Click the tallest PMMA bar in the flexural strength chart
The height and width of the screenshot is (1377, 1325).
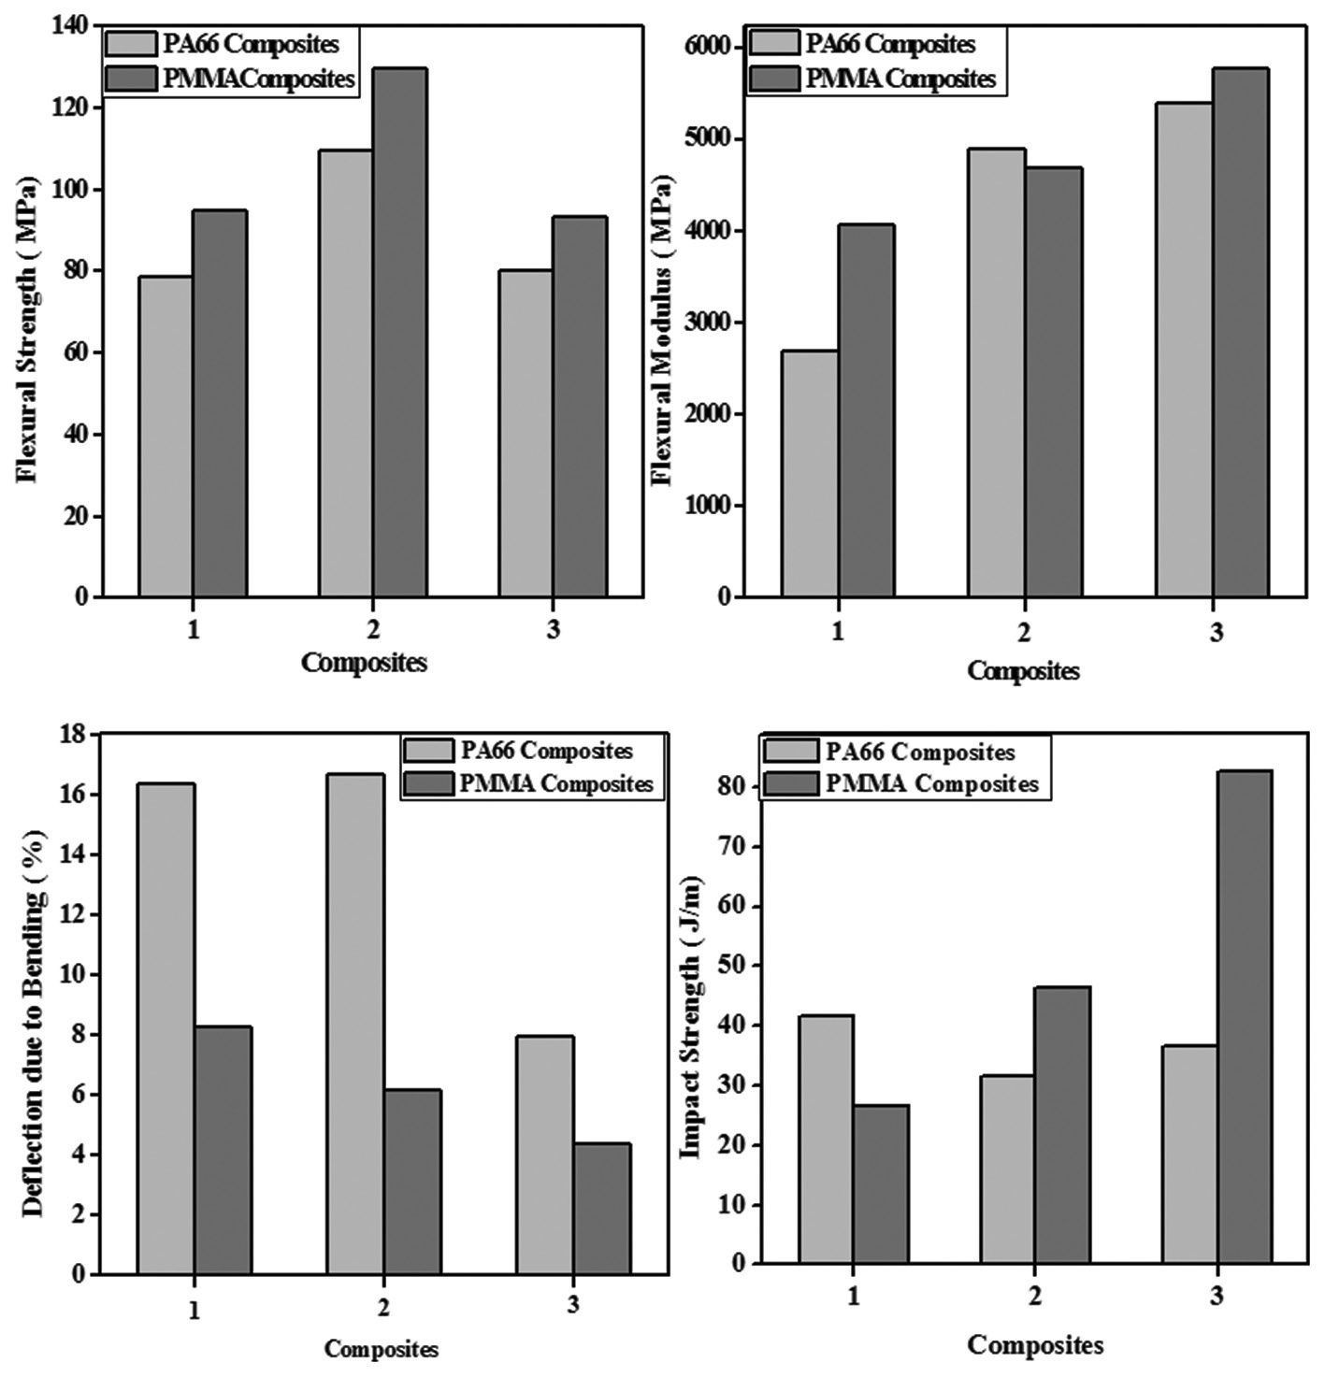(400, 332)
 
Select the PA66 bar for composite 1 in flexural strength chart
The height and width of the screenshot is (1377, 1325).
(166, 436)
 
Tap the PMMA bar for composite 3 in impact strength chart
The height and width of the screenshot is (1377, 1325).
(1244, 1017)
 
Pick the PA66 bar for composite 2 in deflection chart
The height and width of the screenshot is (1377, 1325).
(355, 1024)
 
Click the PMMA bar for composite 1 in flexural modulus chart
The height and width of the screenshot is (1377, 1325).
(866, 410)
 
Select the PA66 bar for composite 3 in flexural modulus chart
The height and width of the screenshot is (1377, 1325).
(1184, 350)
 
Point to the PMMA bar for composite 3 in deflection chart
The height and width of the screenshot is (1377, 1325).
(601, 1208)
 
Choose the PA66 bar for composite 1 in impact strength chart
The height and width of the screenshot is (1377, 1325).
(825, 1140)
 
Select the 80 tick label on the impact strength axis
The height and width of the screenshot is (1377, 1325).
(734, 787)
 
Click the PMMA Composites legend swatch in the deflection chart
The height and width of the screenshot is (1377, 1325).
(428, 783)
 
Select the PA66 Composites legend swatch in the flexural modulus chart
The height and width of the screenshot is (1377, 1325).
(773, 44)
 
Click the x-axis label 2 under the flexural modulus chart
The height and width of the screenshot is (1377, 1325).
(1024, 632)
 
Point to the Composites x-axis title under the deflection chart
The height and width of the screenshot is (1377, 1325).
(381, 1348)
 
